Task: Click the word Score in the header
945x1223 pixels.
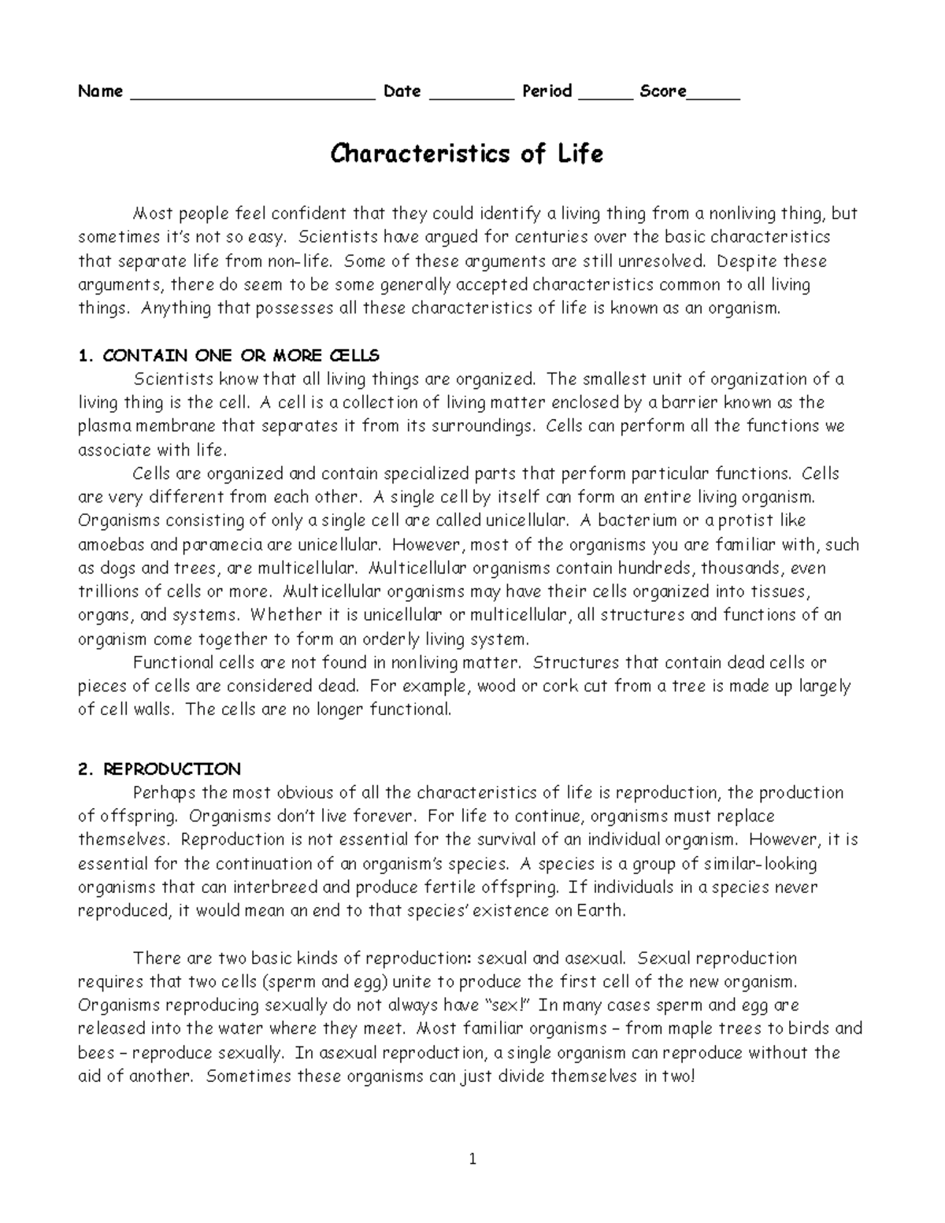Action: click(x=663, y=91)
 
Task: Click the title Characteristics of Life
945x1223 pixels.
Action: click(x=466, y=154)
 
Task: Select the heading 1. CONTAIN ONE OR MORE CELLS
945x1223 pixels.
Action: click(x=229, y=356)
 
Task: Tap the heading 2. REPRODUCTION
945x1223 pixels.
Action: click(x=160, y=769)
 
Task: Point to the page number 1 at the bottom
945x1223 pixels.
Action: click(x=472, y=1159)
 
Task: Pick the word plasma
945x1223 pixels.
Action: click(x=104, y=427)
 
